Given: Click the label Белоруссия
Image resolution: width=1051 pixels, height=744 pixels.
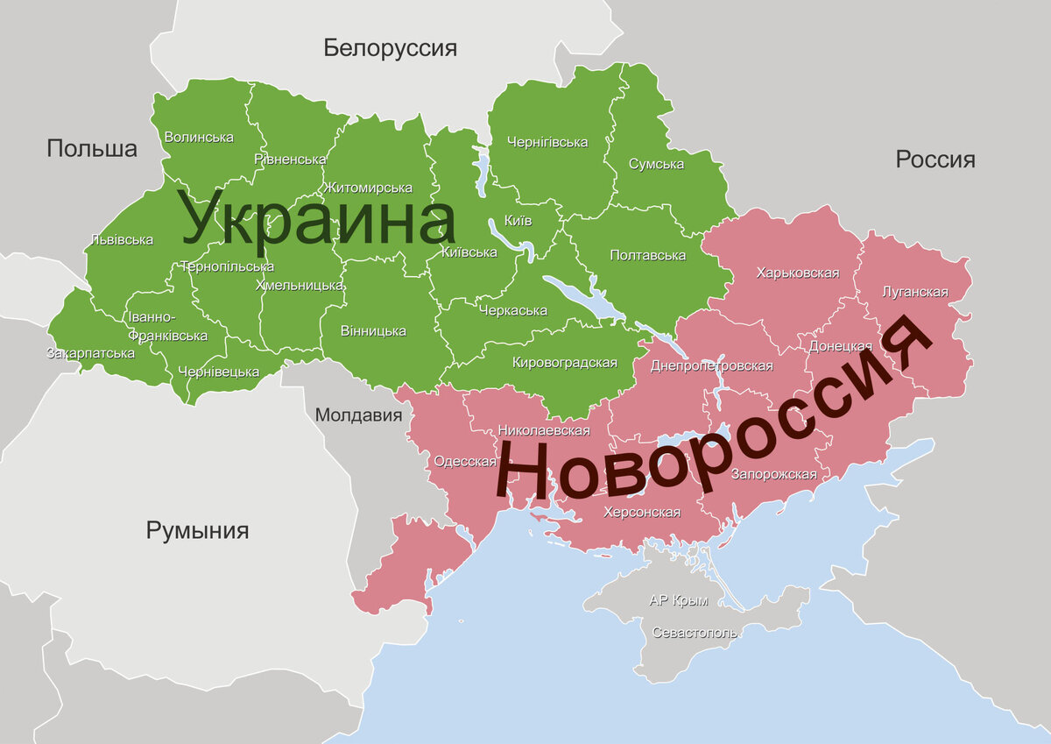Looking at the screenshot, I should tap(390, 47).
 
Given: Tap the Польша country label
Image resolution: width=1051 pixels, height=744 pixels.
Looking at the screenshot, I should tap(92, 148).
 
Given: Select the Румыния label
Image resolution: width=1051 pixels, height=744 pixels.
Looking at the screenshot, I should tap(197, 530).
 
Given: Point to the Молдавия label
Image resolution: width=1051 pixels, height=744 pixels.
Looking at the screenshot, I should tap(358, 415).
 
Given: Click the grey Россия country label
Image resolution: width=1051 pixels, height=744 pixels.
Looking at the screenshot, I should tap(935, 159).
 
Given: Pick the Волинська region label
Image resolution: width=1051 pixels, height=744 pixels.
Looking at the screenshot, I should tap(199, 138).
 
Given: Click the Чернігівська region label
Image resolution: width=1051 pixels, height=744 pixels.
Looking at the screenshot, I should tap(547, 142).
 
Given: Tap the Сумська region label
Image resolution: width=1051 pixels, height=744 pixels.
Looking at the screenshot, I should tap(656, 165).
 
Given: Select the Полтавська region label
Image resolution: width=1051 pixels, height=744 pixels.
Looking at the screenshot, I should tap(647, 255).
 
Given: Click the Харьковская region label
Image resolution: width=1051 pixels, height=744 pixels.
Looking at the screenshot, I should tap(797, 273).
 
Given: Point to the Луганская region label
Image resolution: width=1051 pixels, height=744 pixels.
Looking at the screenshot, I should tap(915, 292).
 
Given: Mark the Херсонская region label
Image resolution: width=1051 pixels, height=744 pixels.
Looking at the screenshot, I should tap(642, 513).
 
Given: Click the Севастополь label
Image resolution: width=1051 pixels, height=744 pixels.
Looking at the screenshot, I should tap(695, 633).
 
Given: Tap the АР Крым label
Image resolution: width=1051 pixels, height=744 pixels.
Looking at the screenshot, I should tap(679, 601).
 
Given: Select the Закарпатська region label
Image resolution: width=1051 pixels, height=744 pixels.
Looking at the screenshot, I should tap(90, 353).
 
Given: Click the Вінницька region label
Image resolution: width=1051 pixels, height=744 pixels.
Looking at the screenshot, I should tap(374, 330).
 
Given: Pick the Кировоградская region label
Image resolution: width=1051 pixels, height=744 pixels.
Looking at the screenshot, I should tap(565, 362).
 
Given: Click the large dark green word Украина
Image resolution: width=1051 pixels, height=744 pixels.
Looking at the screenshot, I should tap(318, 219).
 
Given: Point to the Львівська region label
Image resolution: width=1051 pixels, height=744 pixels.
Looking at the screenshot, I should tap(122, 239).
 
